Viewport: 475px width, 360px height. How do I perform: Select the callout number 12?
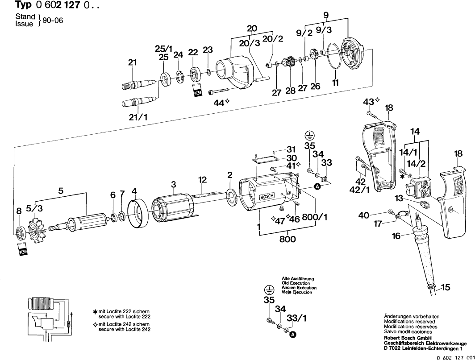pyautogui.click(x=203, y=180)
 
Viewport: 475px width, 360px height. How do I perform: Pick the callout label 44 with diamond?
pyautogui.click(x=219, y=102)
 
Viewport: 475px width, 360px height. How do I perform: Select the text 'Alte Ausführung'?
pyautogui.click(x=296, y=278)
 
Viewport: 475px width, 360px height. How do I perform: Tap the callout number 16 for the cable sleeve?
pyautogui.click(x=396, y=236)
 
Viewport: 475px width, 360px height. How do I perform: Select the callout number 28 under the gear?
pyautogui.click(x=291, y=91)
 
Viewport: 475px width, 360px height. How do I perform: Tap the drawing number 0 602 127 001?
pyautogui.click(x=455, y=357)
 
